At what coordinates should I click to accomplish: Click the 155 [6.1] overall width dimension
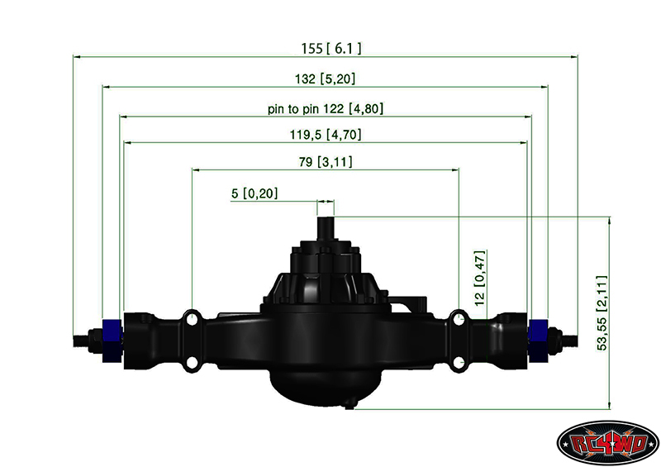tap(330, 49)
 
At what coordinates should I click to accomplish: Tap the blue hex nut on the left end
tap(110, 339)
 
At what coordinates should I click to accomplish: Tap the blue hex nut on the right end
tap(540, 339)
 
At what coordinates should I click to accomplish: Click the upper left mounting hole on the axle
tap(192, 317)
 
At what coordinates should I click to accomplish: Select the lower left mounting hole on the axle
tap(192, 362)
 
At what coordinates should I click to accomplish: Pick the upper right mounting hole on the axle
tap(459, 317)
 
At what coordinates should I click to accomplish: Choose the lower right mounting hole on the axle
tap(459, 362)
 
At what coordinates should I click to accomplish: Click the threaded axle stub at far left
tap(85, 338)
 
